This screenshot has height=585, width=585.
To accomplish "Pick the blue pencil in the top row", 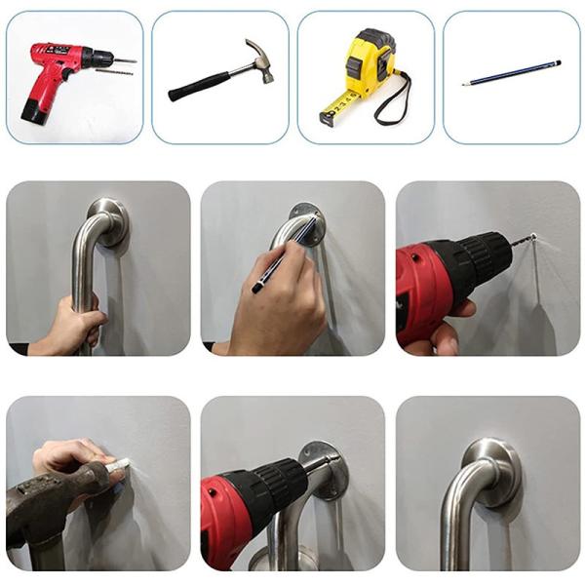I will tap(512, 73).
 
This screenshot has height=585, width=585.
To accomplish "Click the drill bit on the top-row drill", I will tap(124, 62).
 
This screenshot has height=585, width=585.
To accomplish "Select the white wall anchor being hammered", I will tap(120, 469).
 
